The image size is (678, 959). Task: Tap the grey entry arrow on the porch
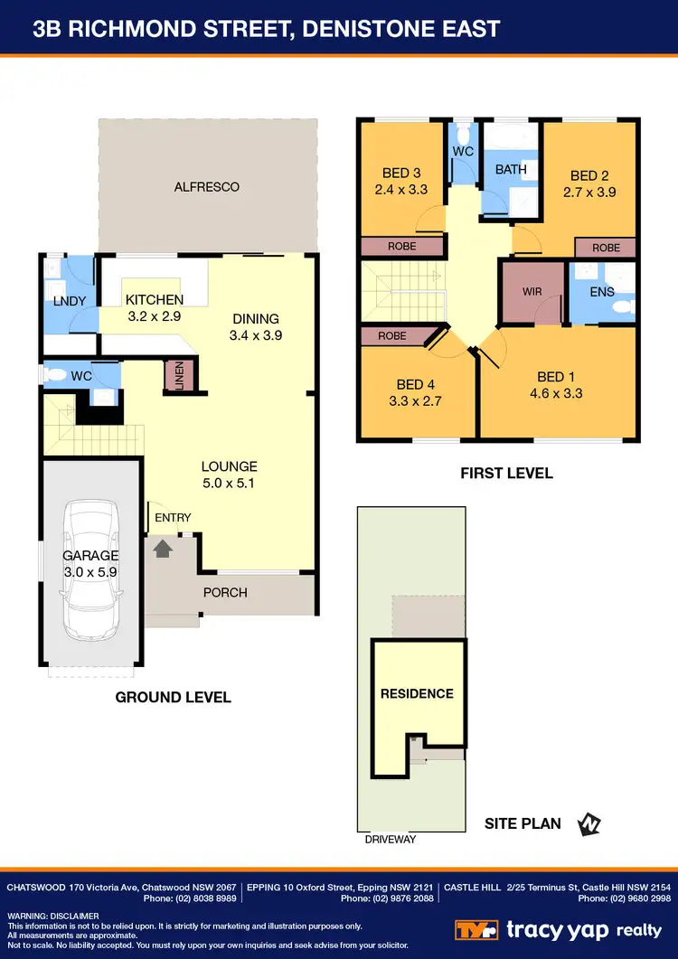[164, 547]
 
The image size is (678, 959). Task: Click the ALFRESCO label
[207, 187]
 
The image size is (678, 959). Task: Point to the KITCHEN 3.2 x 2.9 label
[155, 307]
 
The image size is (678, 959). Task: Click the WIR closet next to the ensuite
[532, 292]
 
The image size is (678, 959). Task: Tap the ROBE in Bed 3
[402, 246]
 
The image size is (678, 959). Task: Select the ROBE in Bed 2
[606, 248]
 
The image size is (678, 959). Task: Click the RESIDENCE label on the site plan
[417, 693]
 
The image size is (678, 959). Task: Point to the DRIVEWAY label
[391, 840]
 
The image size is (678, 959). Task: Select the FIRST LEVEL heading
[506, 473]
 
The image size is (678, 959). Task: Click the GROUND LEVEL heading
[173, 697]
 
